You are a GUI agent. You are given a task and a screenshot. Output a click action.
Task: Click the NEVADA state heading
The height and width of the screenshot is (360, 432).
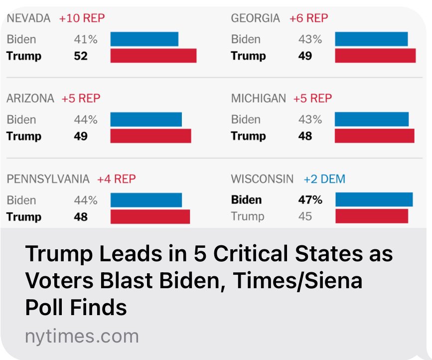tap(28, 18)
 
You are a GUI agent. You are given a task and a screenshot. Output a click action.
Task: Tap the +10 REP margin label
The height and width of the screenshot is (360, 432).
tap(82, 18)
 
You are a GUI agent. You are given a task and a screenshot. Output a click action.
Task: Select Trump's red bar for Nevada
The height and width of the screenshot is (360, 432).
tap(153, 55)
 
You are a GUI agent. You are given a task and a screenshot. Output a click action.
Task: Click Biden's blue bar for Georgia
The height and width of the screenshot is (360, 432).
tap(371, 39)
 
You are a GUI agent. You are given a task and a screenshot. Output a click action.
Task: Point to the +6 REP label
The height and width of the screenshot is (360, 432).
tap(308, 18)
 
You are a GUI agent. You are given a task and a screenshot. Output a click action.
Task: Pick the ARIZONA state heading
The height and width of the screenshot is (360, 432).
tap(30, 99)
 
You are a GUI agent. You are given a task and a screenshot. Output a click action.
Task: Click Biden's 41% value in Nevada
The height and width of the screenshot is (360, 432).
tap(85, 39)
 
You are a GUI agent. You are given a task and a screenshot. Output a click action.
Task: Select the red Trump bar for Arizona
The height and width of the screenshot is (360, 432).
tap(150, 136)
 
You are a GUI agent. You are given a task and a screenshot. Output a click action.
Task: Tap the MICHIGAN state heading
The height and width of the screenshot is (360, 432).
tap(258, 99)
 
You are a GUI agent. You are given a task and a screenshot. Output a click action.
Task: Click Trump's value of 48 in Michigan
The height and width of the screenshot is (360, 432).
tap(305, 136)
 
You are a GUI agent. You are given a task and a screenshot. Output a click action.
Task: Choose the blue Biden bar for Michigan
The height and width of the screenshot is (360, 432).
tap(371, 119)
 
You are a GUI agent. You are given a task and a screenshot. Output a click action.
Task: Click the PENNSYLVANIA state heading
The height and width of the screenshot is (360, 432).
tap(48, 179)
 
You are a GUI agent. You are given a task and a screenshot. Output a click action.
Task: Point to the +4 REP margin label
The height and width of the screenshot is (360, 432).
tap(116, 179)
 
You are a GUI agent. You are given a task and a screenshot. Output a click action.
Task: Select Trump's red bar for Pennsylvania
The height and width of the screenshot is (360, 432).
tap(150, 216)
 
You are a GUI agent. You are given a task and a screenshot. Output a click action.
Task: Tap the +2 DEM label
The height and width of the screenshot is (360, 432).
tap(324, 179)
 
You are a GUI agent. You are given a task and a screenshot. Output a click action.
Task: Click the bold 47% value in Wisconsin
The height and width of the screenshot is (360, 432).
tap(310, 200)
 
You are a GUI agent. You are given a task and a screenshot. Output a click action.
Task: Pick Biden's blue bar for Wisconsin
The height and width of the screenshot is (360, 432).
tap(374, 199)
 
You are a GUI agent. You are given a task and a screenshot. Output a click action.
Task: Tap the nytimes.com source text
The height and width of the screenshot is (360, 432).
tap(82, 336)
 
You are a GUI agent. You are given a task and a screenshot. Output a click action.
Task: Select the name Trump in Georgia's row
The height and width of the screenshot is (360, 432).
tap(248, 55)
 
